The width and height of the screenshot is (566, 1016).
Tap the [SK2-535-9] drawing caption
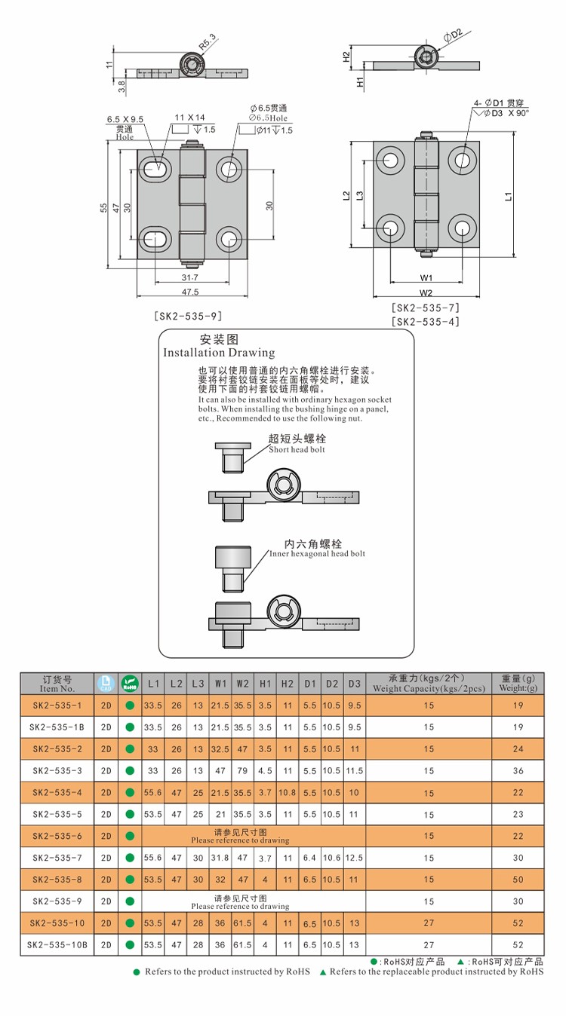(x=188, y=317)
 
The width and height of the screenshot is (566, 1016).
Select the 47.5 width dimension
(x=189, y=292)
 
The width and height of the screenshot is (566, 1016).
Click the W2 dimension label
(x=426, y=293)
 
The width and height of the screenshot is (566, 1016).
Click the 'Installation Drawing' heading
(x=219, y=353)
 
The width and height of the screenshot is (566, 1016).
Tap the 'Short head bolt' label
(x=297, y=450)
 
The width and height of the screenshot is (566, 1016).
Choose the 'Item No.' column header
(x=57, y=684)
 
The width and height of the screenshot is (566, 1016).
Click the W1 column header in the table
(x=220, y=684)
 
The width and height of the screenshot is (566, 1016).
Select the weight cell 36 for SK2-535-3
(x=518, y=770)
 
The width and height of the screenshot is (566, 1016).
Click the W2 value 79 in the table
(x=242, y=770)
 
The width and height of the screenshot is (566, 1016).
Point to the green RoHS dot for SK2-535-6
(x=130, y=836)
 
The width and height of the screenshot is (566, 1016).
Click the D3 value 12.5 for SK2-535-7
(x=355, y=858)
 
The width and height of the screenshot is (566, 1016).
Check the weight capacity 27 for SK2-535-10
(x=429, y=923)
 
